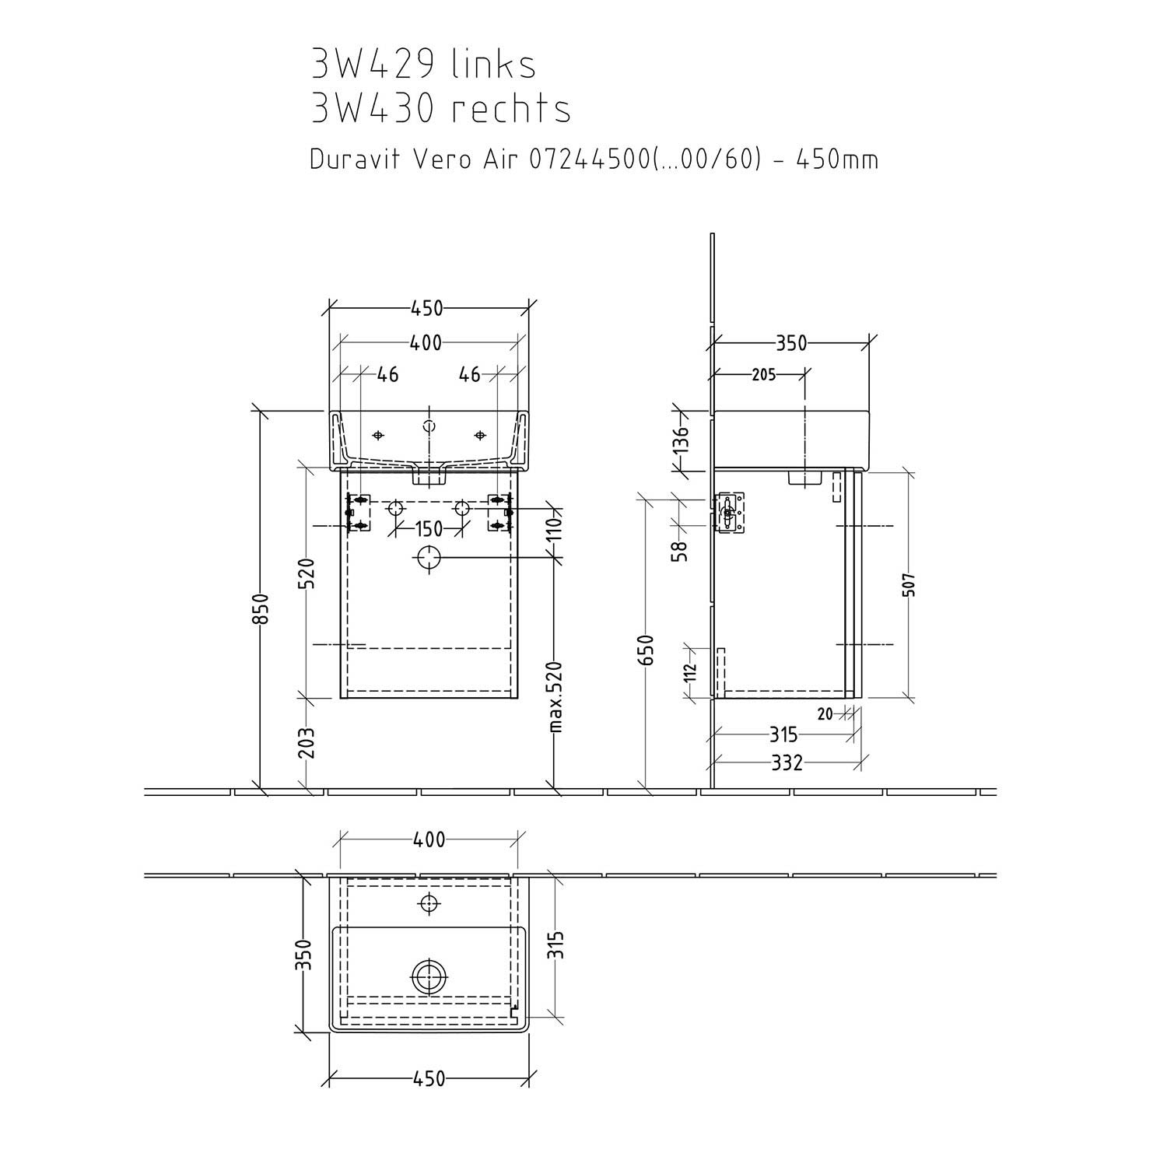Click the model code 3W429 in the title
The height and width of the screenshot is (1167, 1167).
coord(372,64)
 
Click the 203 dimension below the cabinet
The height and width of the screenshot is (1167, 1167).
coord(307,742)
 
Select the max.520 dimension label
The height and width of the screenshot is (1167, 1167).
coord(555,697)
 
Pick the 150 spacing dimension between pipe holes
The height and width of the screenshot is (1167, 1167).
coord(428,529)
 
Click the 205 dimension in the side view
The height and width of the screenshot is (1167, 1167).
coord(764,374)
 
